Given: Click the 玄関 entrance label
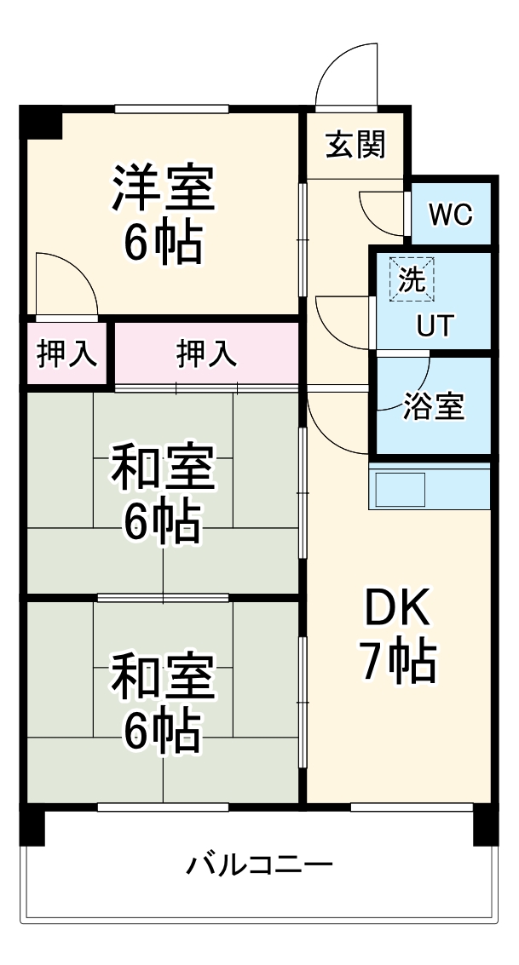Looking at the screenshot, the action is [355, 146].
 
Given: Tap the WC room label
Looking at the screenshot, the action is [449, 215].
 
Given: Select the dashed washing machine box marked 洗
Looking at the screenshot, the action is [412, 279].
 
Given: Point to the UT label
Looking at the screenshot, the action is [435, 325].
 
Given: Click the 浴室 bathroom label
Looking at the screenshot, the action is [434, 407].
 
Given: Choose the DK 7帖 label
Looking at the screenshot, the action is [398, 635].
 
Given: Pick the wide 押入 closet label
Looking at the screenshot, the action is [206, 353].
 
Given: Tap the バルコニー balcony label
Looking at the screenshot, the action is [259, 866].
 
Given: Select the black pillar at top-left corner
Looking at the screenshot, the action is [42, 122].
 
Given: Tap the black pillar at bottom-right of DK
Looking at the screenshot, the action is [485, 824].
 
